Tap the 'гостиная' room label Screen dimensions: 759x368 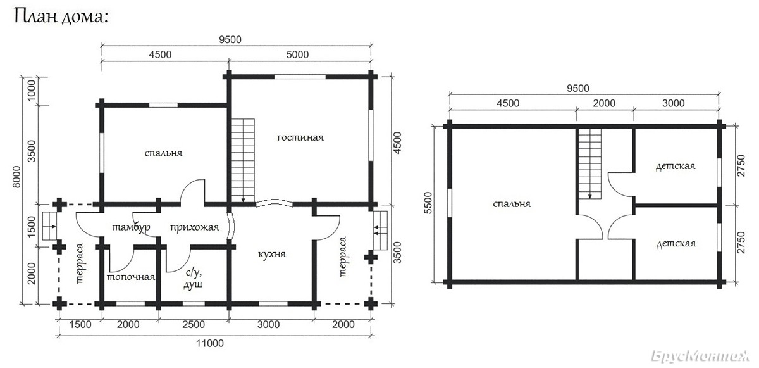pyautogui.click(x=300, y=137)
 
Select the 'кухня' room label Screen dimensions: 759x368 pyautogui.click(x=272, y=254)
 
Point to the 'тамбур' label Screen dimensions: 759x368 pyautogui.click(x=131, y=227)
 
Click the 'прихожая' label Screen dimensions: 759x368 pyautogui.click(x=195, y=227)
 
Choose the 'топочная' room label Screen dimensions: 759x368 pyautogui.click(x=131, y=277)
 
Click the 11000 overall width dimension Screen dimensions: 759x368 pyautogui.click(x=210, y=343)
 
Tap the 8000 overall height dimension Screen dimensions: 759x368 pyautogui.click(x=16, y=176)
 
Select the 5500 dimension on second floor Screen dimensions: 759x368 pyautogui.click(x=428, y=203)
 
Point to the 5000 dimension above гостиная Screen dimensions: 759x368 pyautogui.click(x=297, y=54)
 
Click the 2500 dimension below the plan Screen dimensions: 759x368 pyautogui.click(x=194, y=324)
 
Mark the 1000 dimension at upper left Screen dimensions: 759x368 pyautogui.click(x=31, y=90)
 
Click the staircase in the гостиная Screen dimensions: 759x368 pyautogui.click(x=243, y=161)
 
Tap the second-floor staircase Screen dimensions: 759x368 pyautogui.click(x=589, y=163)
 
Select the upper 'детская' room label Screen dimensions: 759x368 pyautogui.click(x=676, y=166)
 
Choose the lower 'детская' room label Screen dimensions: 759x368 pyautogui.click(x=676, y=243)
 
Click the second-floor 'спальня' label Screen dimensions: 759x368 pyautogui.click(x=512, y=204)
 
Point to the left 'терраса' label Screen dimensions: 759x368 pyautogui.click(x=80, y=263)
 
